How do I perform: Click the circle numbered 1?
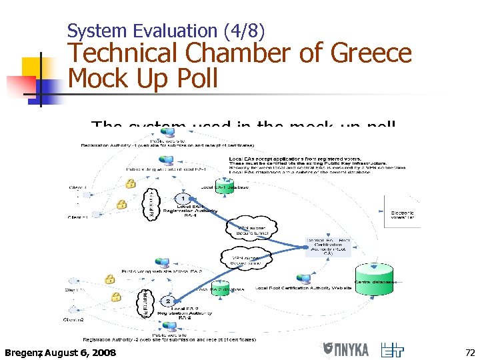[182, 199]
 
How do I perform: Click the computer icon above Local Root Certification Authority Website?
[303, 278]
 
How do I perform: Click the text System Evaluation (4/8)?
[166, 30]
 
